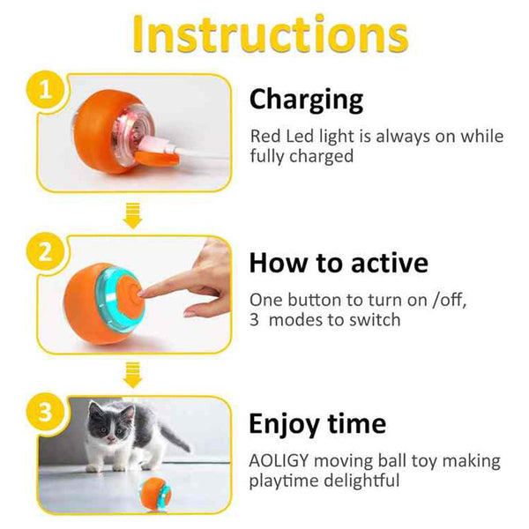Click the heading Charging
click(306, 100)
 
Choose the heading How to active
click(339, 263)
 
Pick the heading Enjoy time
click(317, 424)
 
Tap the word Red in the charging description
click(266, 137)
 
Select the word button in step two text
click(323, 300)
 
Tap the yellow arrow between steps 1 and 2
click(133, 212)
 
